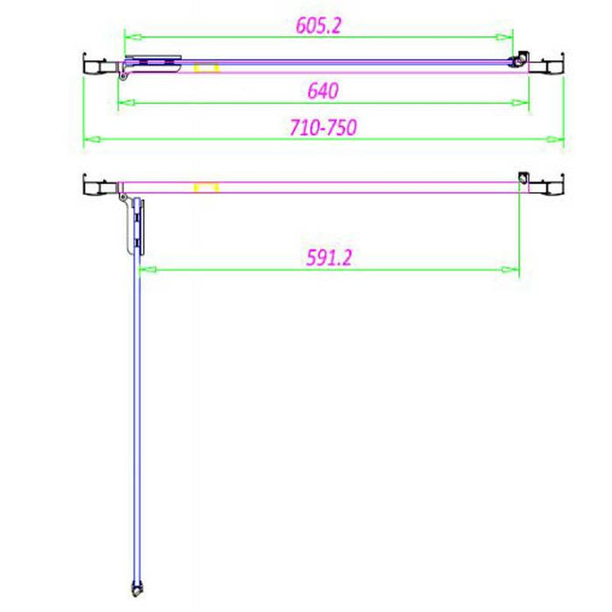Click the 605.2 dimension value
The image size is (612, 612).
click(317, 24)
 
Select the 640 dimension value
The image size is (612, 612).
click(323, 90)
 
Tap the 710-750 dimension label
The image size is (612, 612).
click(323, 128)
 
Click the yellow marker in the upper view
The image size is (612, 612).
click(206, 67)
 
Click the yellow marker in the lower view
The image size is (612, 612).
click(206, 187)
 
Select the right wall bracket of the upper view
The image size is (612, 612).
click(548, 66)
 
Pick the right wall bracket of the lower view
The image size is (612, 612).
click(548, 186)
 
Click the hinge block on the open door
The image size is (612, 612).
click(136, 225)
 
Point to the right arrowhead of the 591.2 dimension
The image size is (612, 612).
click(513, 270)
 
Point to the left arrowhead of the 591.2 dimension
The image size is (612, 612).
click(146, 270)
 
